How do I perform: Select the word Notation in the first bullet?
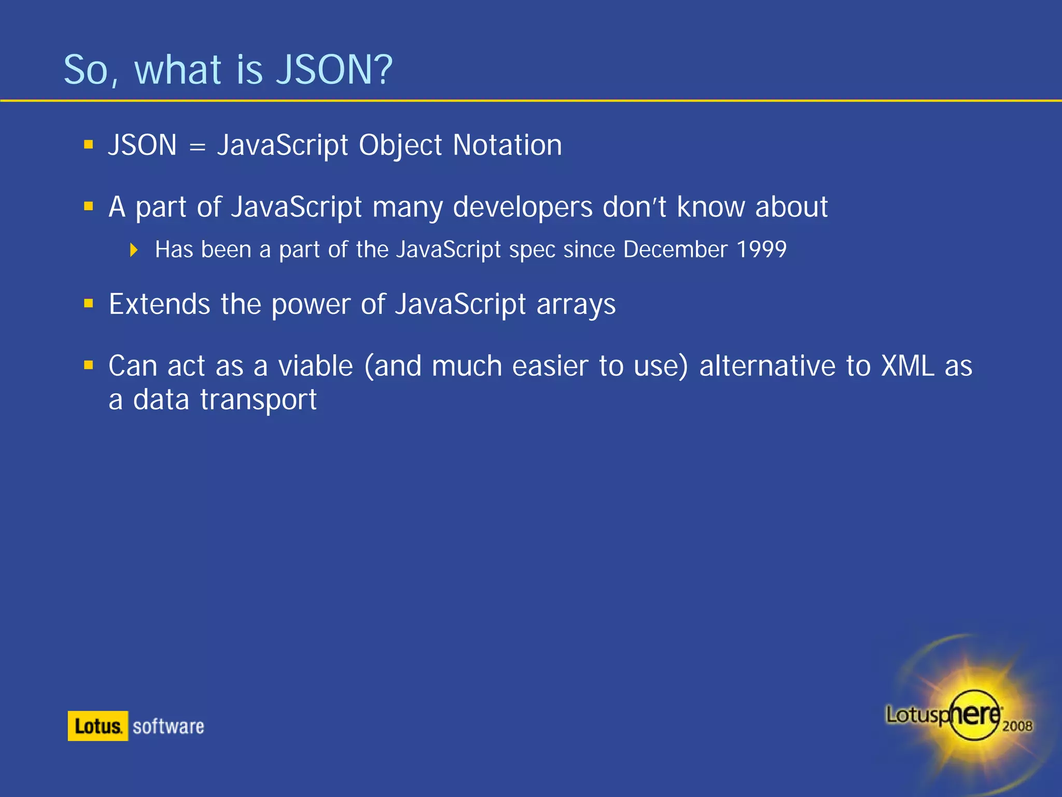click(507, 145)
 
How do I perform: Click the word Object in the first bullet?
click(400, 146)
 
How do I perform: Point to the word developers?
click(522, 208)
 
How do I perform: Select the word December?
click(675, 250)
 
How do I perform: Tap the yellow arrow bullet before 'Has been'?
click(134, 250)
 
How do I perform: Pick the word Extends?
click(159, 304)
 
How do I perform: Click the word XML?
click(908, 366)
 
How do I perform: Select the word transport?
click(258, 400)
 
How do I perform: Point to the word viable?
click(315, 366)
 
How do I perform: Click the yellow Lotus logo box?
click(97, 726)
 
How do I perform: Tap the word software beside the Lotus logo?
click(169, 726)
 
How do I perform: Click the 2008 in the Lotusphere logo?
click(1017, 726)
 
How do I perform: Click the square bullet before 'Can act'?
click(89, 365)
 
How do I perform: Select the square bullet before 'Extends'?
click(89, 303)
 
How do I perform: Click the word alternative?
click(767, 366)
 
